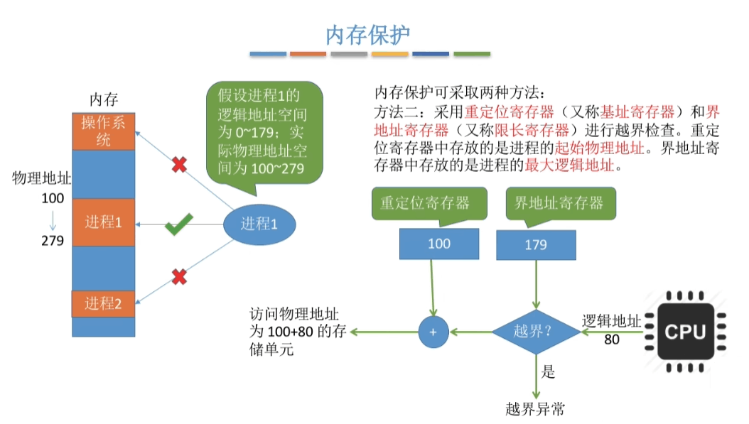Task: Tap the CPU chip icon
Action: pyautogui.click(x=685, y=331)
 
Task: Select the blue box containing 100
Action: pyautogui.click(x=438, y=244)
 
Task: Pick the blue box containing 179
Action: pyautogui.click(x=536, y=244)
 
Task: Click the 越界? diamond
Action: pyautogui.click(x=537, y=332)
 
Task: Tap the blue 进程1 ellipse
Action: pyautogui.click(x=259, y=224)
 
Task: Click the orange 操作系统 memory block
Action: pyautogui.click(x=104, y=131)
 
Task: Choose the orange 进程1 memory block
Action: pyautogui.click(x=104, y=222)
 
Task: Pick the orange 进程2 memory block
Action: pyautogui.click(x=104, y=304)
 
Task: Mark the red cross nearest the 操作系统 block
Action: pyautogui.click(x=180, y=165)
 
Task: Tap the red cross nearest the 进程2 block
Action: pyautogui.click(x=179, y=276)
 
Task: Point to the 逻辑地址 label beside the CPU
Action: pyautogui.click(x=611, y=321)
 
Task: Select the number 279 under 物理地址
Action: pyautogui.click(x=53, y=241)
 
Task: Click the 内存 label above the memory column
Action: pyautogui.click(x=104, y=99)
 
